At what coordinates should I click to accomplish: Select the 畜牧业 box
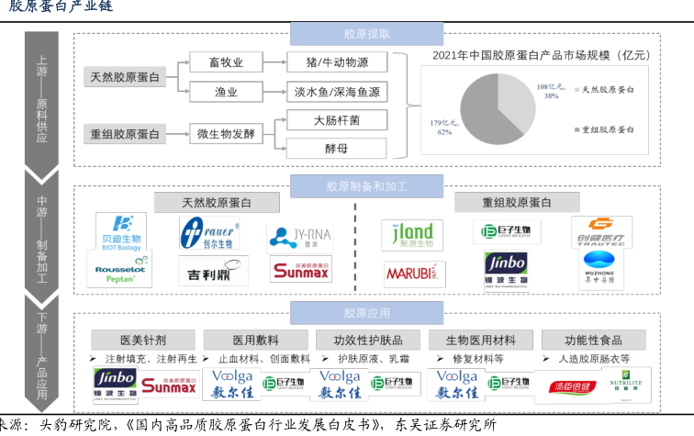[x=226, y=62]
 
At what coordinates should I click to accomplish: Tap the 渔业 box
[x=226, y=92]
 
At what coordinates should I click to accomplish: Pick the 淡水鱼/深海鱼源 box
[x=336, y=92]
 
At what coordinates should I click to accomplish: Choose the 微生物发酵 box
[x=226, y=134]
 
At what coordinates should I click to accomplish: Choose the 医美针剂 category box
[x=143, y=339]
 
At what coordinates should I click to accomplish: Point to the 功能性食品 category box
[x=592, y=339]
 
